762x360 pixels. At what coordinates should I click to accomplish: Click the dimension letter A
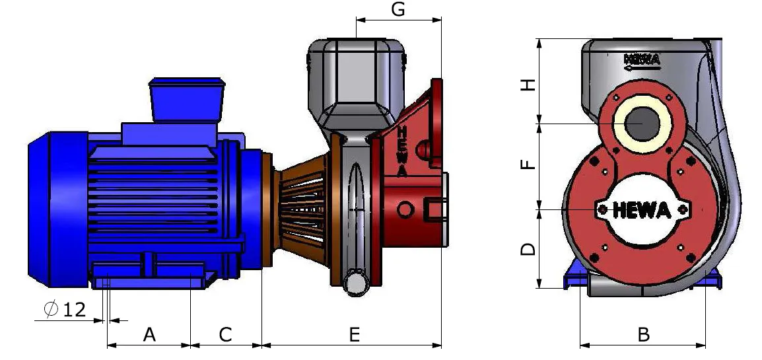[149, 334]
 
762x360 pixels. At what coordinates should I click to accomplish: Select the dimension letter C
[225, 334]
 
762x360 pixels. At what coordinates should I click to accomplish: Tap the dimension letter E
[355, 334]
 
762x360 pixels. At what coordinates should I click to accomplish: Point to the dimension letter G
[398, 9]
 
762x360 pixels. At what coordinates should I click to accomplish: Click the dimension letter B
[643, 334]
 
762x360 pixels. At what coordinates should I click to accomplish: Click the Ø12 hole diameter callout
[65, 310]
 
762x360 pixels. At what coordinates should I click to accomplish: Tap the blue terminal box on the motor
[187, 100]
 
